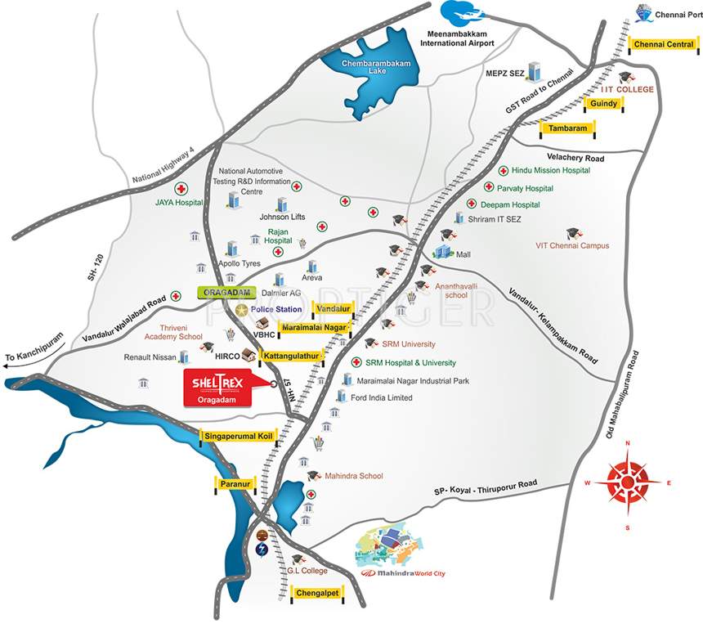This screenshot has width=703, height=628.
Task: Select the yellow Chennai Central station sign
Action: point(664,44)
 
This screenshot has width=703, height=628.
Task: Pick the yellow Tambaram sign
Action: point(568,128)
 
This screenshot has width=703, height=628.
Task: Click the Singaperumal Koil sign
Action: point(240,437)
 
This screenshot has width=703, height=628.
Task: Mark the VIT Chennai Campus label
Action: point(572,245)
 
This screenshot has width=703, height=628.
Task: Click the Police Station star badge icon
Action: point(242,310)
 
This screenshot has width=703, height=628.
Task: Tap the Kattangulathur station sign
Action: point(291,357)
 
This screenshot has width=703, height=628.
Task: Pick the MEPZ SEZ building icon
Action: point(535,70)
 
